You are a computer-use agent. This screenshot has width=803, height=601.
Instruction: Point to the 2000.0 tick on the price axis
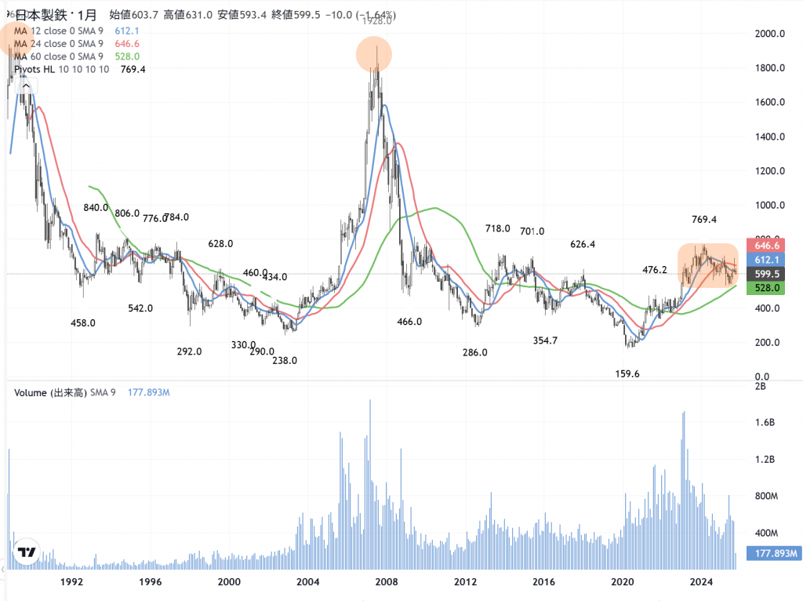[770, 34]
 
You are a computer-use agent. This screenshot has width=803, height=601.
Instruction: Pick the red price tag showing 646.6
[765, 246]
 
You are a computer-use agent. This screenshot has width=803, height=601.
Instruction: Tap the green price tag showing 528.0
[765, 288]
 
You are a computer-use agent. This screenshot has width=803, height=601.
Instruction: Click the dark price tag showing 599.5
[765, 274]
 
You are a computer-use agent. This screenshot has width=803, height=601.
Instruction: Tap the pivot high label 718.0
[498, 228]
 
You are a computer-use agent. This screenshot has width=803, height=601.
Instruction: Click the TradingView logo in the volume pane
[28, 552]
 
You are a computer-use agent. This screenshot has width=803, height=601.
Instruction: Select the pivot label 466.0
[409, 322]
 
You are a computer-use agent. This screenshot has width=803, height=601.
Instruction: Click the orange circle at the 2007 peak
[374, 54]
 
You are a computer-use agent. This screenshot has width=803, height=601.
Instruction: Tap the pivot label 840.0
[96, 208]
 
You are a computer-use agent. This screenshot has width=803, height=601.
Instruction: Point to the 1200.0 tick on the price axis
[770, 171]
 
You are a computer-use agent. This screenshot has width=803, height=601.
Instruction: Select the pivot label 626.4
[582, 245]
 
